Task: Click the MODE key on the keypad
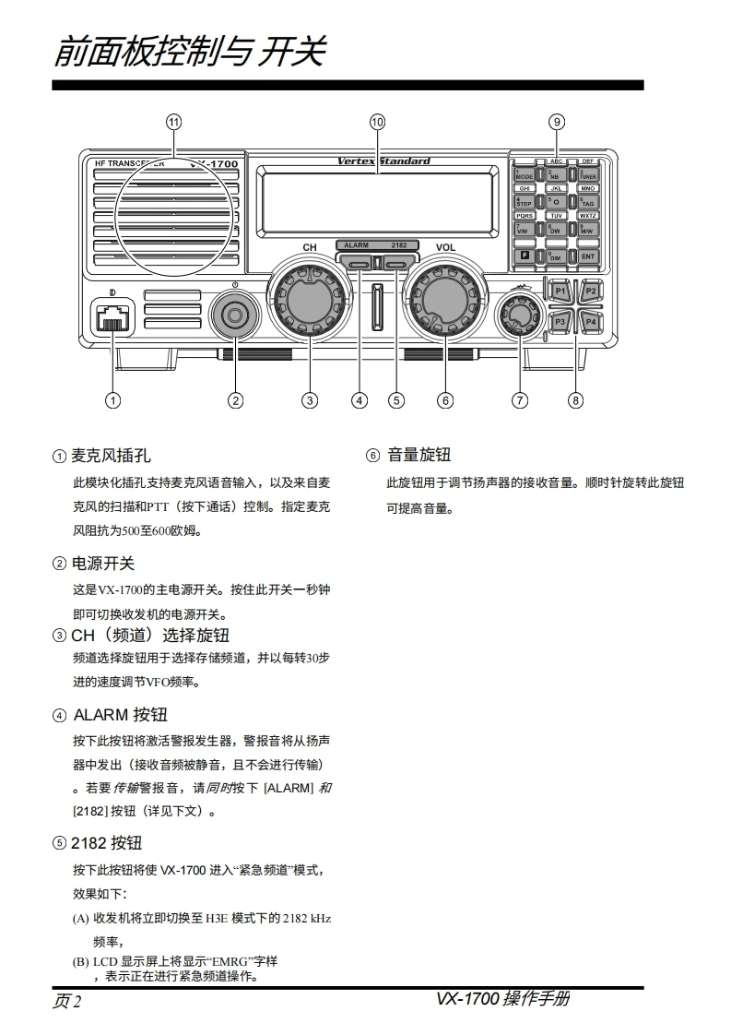point(524,174)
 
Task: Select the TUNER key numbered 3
point(588,174)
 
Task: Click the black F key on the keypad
point(524,256)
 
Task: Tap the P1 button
point(560,291)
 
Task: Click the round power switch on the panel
point(236,316)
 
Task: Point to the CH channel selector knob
point(310,298)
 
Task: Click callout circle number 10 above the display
point(377,122)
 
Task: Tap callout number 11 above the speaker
point(173,122)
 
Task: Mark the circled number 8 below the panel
point(576,400)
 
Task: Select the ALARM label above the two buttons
point(356,245)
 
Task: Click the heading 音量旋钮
point(419,455)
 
